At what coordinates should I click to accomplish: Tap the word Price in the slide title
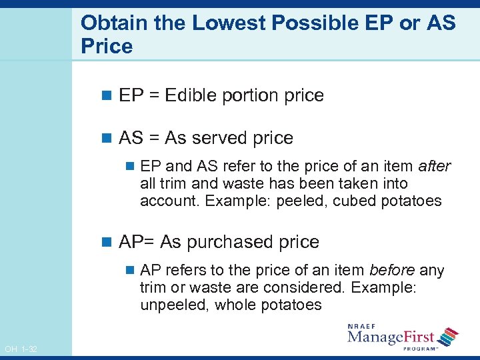(x=107, y=47)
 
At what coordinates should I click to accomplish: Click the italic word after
(x=435, y=166)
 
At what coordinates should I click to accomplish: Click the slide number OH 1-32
(x=21, y=349)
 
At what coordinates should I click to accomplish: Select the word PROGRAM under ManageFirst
(x=419, y=348)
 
